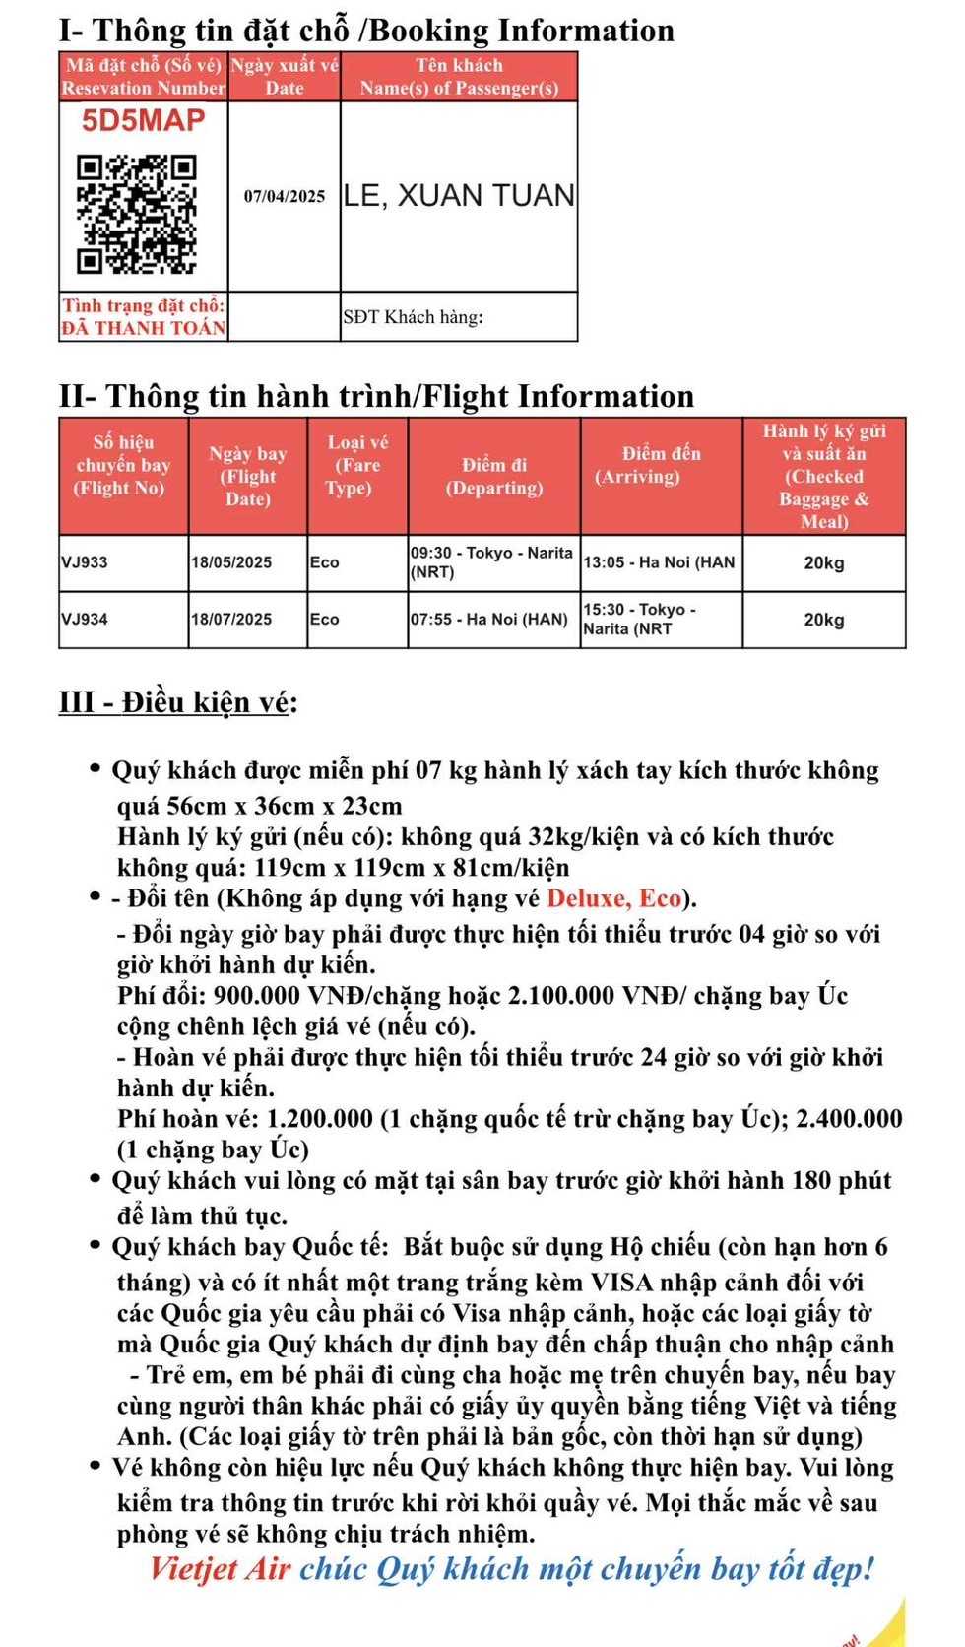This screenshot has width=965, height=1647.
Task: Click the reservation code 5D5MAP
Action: click(143, 121)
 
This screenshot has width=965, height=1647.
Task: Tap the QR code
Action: click(137, 213)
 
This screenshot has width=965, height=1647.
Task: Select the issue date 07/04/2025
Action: click(285, 196)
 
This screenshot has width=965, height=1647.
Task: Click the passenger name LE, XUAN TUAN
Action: click(459, 196)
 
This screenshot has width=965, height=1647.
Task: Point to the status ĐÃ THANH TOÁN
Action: click(144, 328)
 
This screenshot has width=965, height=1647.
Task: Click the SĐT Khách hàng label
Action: click(414, 317)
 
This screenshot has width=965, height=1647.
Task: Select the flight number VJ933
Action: click(85, 562)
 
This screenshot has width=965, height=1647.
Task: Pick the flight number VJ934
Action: click(85, 620)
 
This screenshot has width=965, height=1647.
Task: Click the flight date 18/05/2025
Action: click(231, 562)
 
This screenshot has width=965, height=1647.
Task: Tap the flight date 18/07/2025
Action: click(231, 620)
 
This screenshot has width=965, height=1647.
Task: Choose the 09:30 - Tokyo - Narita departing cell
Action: click(491, 562)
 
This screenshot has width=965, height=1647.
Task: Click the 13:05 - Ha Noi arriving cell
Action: click(659, 562)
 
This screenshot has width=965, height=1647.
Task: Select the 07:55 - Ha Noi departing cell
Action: click(488, 620)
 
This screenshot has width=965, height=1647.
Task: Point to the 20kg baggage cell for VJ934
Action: click(823, 620)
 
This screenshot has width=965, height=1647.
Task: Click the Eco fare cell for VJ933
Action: click(325, 562)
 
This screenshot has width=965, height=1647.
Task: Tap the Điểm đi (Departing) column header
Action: click(494, 476)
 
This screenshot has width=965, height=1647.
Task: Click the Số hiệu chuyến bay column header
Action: click(123, 465)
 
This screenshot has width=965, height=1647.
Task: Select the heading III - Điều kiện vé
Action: click(177, 702)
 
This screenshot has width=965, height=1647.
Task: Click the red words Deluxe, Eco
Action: click(613, 898)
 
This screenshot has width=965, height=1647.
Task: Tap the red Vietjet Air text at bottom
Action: click(220, 1569)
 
